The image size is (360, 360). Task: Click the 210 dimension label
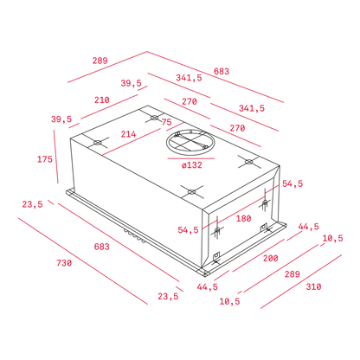(x=102, y=100)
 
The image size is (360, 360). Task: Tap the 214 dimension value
(x=128, y=134)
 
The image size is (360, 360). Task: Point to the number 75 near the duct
(x=166, y=122)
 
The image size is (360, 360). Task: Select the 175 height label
(x=45, y=159)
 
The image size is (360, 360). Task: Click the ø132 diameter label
(x=192, y=165)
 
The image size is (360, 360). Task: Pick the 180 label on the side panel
(x=244, y=219)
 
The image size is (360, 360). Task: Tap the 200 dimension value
(x=271, y=258)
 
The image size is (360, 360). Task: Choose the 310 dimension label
(x=313, y=286)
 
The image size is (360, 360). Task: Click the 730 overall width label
(x=64, y=263)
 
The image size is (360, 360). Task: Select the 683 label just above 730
(x=102, y=247)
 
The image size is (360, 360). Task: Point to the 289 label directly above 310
(x=292, y=274)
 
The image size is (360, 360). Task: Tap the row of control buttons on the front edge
(x=135, y=236)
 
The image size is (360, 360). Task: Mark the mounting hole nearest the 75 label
(x=155, y=118)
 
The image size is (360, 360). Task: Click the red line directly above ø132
(x=191, y=158)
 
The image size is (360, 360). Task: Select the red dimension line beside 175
(x=56, y=157)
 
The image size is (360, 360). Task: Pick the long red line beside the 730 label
(x=83, y=260)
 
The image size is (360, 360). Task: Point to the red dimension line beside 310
(x=301, y=281)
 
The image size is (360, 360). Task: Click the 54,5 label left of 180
(x=188, y=230)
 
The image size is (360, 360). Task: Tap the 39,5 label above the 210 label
(x=132, y=83)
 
